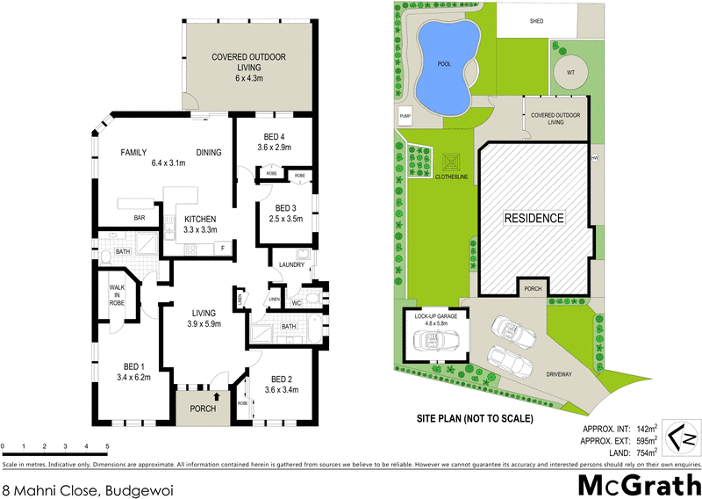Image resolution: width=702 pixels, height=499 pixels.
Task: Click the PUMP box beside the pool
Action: coord(405,116)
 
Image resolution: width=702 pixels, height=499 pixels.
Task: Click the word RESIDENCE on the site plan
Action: coord(533,218)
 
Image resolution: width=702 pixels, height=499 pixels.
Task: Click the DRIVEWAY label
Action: coord(558,374)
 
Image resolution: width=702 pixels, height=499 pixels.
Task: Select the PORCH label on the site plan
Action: coord(532,288)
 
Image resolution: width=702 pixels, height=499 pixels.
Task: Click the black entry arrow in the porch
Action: coord(204,397)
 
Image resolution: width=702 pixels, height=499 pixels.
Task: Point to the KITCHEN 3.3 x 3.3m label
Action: coord(200,224)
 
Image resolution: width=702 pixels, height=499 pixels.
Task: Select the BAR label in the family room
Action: coord(138,216)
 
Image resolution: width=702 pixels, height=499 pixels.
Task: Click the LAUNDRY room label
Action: coord(290,264)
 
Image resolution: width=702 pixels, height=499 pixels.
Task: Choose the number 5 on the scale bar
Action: coord(108,448)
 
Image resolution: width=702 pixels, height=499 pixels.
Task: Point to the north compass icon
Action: coord(682,435)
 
